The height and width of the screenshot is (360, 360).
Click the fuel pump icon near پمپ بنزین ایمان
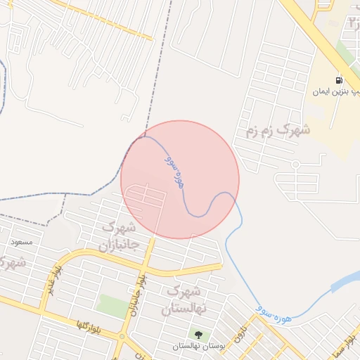click(340, 79)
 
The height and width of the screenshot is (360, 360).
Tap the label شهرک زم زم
click(278, 130)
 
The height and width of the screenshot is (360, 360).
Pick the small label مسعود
click(22, 242)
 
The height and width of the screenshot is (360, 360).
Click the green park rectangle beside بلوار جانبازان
click(112, 304)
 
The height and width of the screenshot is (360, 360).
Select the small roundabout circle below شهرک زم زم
click(295, 165)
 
